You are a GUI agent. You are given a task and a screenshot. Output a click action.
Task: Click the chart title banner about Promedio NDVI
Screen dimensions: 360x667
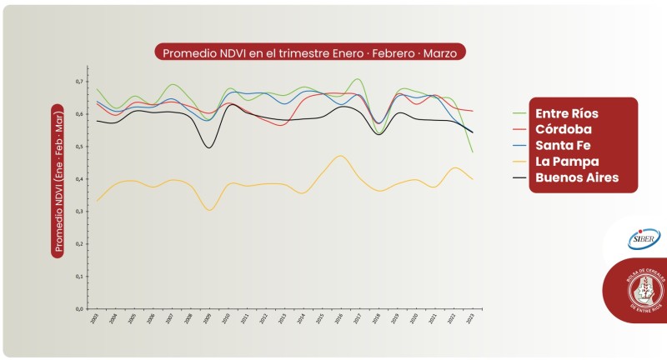[x=310, y=52]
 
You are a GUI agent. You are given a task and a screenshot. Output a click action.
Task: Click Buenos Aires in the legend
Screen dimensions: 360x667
[x=576, y=177]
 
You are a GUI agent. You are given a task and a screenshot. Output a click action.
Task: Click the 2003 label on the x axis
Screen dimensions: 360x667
[x=97, y=318]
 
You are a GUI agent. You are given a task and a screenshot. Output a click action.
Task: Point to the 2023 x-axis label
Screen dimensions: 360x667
[x=472, y=318]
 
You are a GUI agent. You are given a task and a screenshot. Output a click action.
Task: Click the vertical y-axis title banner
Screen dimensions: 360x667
[x=58, y=180]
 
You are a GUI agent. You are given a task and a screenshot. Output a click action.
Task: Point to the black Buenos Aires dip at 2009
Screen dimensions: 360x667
[x=208, y=147]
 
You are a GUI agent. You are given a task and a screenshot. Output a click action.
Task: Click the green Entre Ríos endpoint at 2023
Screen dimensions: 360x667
[x=473, y=152]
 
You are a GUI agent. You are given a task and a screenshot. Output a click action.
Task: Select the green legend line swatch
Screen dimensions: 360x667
[x=521, y=113]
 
